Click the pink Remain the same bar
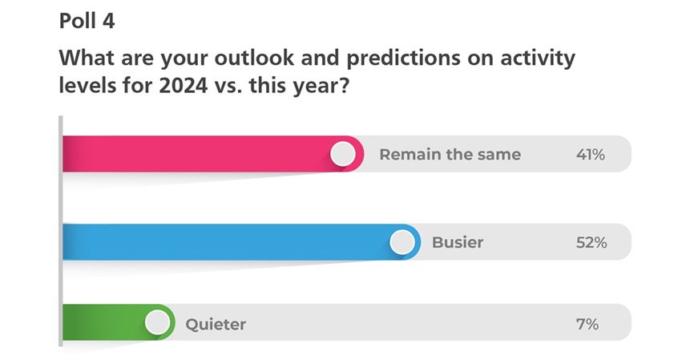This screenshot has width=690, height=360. (x=213, y=154)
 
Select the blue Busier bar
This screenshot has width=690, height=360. (x=241, y=242)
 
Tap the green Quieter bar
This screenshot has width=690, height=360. (x=119, y=322)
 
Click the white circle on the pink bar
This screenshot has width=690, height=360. (x=343, y=154)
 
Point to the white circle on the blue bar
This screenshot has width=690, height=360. (x=402, y=242)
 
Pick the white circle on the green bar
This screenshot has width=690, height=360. (x=157, y=322)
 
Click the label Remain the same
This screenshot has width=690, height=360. (x=450, y=155)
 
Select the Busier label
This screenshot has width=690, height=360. (x=458, y=242)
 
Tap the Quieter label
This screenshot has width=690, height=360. (x=216, y=325)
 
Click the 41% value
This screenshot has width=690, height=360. (x=591, y=155)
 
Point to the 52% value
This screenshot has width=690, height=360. (x=591, y=242)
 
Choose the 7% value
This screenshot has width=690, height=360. (x=587, y=325)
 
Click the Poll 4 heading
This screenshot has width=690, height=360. (x=87, y=21)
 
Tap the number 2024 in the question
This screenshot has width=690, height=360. (x=183, y=85)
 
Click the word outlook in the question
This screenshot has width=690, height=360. (x=255, y=58)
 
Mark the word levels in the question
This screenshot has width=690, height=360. (x=87, y=85)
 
